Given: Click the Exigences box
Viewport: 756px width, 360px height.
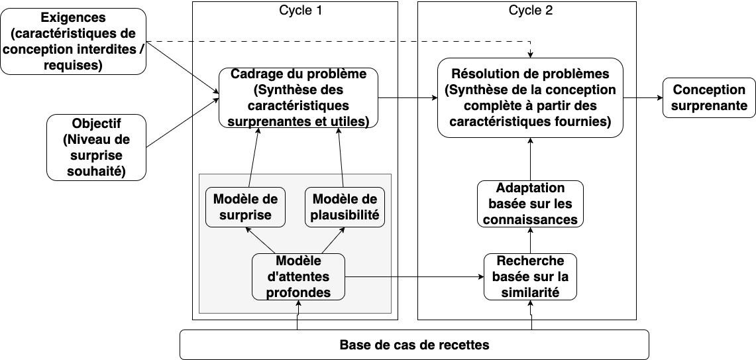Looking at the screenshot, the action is tap(74, 42).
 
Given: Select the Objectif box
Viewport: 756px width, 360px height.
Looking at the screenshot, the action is tap(97, 148).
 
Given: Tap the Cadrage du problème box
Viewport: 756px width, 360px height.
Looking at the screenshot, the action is tap(298, 98).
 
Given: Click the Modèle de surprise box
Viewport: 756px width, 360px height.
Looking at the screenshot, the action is tap(245, 207).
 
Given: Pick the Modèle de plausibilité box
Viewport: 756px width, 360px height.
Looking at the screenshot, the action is tap(345, 207).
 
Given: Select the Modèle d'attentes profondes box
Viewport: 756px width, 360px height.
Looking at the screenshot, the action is tap(298, 277).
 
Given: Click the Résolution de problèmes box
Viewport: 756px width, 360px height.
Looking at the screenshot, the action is tap(530, 98).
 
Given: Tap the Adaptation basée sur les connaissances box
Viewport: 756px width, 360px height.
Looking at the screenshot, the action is tap(530, 204).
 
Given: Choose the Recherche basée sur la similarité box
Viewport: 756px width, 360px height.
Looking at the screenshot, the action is tap(530, 277).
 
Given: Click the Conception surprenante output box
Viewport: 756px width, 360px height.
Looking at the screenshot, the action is tap(709, 98).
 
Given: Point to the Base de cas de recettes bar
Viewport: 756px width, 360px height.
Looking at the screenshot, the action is tap(415, 345).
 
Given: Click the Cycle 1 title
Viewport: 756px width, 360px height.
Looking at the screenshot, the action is tap(300, 10).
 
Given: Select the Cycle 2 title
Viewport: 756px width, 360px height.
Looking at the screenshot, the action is tap(530, 10).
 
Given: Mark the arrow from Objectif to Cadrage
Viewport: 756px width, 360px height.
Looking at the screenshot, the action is tap(183, 123).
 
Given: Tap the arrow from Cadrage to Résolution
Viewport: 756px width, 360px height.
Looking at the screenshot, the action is tap(408, 98).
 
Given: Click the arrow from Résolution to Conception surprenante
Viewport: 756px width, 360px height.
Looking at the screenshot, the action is tap(643, 98).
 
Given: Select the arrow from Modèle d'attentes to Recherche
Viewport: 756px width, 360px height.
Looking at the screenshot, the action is tap(415, 277).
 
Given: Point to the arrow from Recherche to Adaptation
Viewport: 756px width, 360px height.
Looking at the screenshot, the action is tap(530, 240).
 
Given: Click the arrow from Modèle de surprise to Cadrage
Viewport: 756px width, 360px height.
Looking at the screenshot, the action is tap(254, 157).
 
